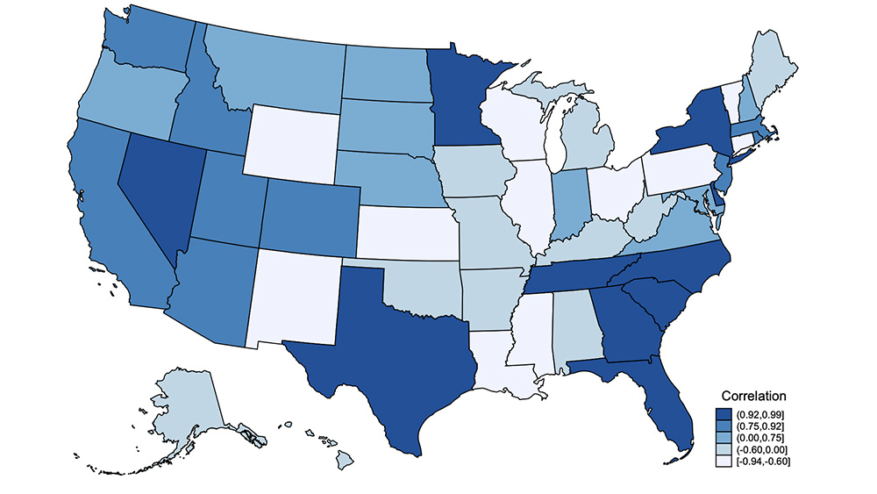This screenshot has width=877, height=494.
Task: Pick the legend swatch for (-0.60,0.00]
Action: (724, 448)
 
